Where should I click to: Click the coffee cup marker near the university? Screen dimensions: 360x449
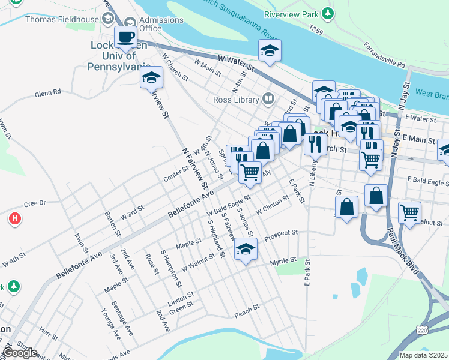click(126, 38)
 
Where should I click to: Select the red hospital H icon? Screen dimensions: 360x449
click(14, 219)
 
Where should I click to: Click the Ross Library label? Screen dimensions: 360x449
click(238, 99)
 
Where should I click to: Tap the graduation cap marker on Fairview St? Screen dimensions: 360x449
click(151, 78)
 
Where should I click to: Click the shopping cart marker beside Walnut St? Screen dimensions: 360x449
click(409, 212)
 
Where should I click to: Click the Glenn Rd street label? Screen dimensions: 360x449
click(48, 93)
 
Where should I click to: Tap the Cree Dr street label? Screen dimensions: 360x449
click(35, 203)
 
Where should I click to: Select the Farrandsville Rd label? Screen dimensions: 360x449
click(385, 55)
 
